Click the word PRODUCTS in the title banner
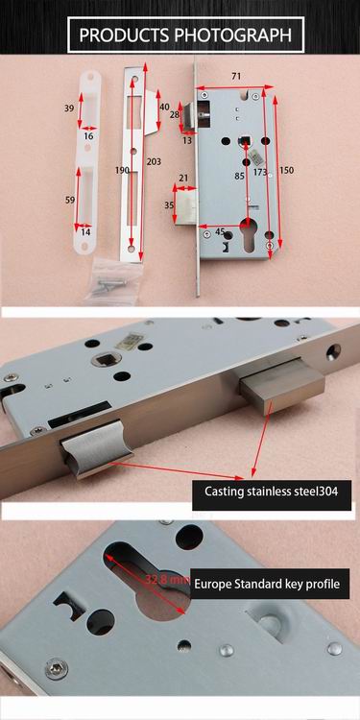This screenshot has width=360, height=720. click(x=123, y=36)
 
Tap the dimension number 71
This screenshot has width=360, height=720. click(x=235, y=74)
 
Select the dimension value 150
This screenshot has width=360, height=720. click(x=287, y=170)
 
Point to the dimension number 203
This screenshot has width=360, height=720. click(x=154, y=162)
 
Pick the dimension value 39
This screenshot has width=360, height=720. click(x=69, y=109)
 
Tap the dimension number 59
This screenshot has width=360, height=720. click(x=69, y=200)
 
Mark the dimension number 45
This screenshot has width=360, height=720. click(x=220, y=232)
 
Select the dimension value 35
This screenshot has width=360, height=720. click(x=170, y=205)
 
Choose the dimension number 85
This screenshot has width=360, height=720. click(x=238, y=176)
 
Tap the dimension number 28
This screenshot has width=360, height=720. click(x=174, y=115)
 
